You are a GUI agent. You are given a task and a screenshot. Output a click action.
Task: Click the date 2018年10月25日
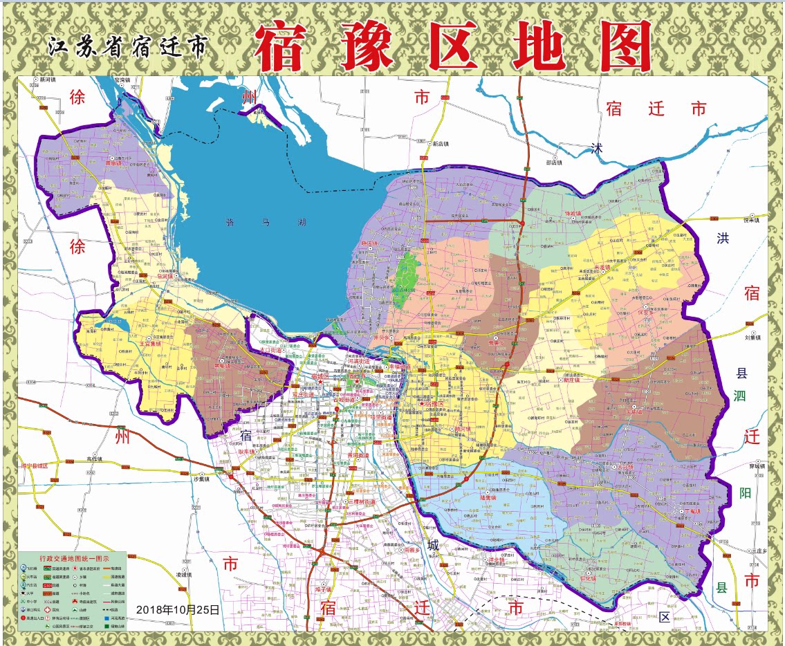coord(178,609)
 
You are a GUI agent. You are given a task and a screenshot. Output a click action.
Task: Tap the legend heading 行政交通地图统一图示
coord(72,557)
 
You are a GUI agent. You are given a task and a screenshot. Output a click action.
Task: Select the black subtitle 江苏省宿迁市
coord(127,47)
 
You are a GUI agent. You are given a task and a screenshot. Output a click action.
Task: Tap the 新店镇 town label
coord(440,144)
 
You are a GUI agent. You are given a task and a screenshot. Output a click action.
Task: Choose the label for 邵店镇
coord(553,163)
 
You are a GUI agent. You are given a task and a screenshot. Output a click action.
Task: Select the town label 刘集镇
coord(753,338)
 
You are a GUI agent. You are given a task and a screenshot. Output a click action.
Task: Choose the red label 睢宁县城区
coord(34,465)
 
